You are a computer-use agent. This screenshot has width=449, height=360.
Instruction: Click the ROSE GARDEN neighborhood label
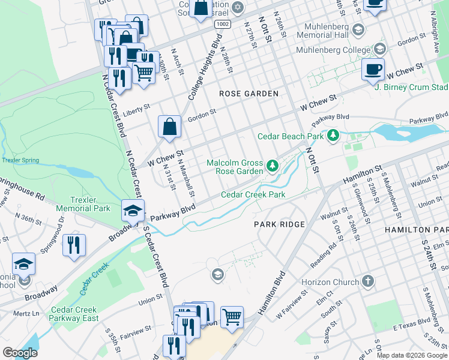[x=249, y=94]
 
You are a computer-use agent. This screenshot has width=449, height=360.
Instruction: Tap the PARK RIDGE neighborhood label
[x=279, y=224]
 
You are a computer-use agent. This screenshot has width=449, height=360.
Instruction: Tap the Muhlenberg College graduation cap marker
[x=379, y=49]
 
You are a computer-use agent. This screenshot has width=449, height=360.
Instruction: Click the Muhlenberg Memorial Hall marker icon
[x=358, y=29]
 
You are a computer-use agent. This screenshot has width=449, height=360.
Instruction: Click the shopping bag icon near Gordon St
[x=170, y=127]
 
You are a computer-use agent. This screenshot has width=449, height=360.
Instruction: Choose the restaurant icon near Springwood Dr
[x=74, y=245]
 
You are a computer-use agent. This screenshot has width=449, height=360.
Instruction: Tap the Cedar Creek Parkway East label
[x=74, y=314]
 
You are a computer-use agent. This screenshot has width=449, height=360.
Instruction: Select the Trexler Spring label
[x=20, y=160]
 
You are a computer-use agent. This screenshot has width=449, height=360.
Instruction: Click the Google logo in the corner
[x=20, y=352]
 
